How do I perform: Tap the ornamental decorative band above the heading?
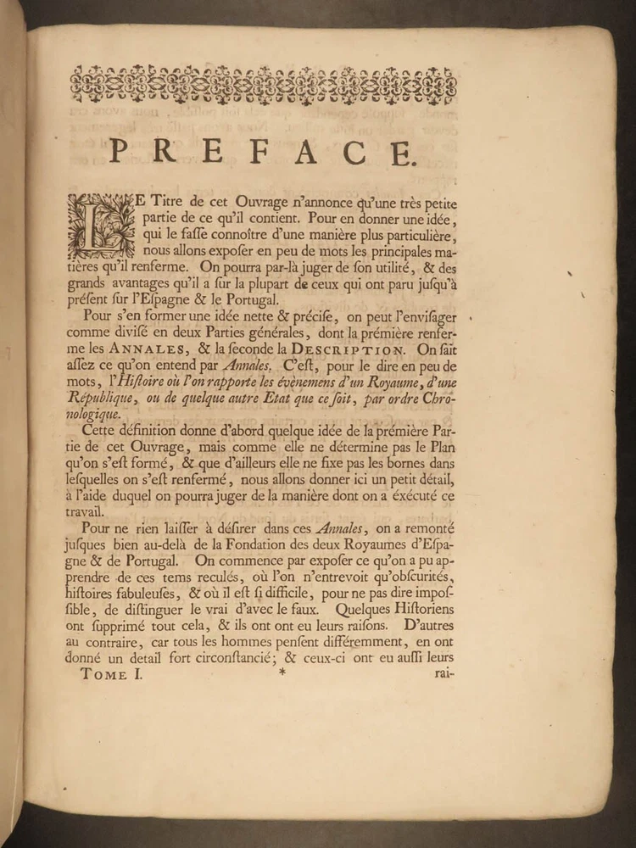263,85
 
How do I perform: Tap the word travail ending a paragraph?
86,511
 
